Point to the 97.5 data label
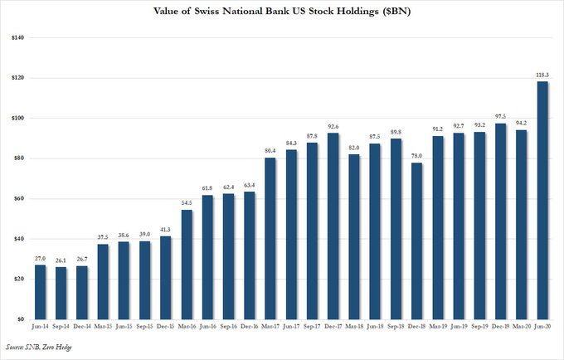pos(500,117)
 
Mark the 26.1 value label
pos(61,260)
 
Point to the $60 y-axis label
pos(18,198)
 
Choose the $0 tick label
pos(21,319)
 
